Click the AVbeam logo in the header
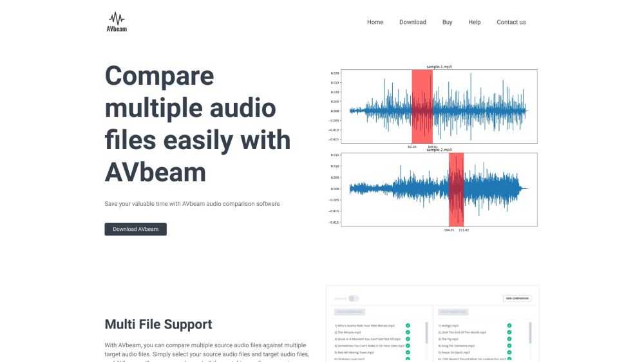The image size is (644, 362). click(117, 22)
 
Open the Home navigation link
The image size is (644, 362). click(375, 22)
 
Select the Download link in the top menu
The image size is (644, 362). click(412, 22)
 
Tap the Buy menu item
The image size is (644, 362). click(447, 22)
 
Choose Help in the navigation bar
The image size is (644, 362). click(474, 22)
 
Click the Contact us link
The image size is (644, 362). click(511, 22)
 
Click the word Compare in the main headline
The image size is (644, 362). click(159, 76)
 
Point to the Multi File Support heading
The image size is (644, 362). click(158, 324)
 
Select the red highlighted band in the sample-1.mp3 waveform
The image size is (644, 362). click(422, 106)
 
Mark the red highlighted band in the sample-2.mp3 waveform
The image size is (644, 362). click(456, 188)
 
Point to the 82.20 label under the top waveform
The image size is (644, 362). click(412, 147)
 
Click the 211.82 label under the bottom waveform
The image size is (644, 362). click(464, 230)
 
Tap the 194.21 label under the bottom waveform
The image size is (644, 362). click(449, 230)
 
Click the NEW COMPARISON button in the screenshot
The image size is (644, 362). click(517, 298)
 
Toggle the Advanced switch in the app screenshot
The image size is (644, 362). click(354, 298)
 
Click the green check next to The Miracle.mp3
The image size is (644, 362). click(408, 332)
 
